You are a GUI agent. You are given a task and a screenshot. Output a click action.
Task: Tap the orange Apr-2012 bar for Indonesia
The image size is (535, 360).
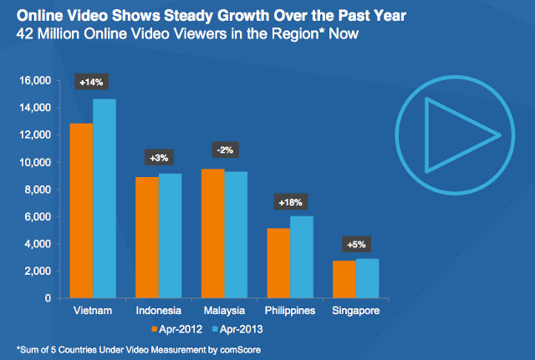[x=145, y=237]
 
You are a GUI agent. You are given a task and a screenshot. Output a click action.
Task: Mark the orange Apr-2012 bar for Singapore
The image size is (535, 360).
[x=344, y=279]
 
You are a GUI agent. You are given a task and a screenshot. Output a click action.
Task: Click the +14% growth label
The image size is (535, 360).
[x=93, y=84]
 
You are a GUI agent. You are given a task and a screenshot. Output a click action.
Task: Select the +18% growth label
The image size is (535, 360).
[x=289, y=203]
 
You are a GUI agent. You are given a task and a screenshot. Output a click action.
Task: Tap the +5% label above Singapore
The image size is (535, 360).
[x=356, y=245]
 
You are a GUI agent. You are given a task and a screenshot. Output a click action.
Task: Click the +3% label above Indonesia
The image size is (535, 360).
[x=156, y=157]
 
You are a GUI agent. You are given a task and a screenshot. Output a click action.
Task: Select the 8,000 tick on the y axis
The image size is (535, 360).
[x=38, y=190]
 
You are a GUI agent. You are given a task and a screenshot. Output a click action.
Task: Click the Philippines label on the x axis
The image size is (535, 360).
[x=289, y=311]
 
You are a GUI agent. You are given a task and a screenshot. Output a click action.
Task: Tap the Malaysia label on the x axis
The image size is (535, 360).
[x=223, y=311]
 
